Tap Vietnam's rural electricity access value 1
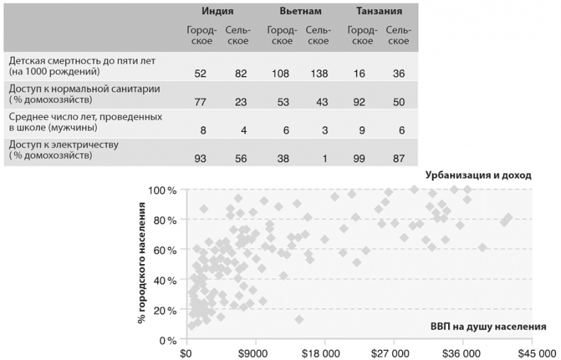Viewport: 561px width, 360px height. tap(323, 157)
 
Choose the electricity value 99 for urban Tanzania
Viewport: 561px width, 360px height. tap(359, 157)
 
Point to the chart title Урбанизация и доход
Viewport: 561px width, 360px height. tap(478, 175)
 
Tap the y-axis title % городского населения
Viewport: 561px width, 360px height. tap(141, 263)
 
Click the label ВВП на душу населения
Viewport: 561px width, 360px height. tap(488, 328)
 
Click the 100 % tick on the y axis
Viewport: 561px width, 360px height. tap(162, 190)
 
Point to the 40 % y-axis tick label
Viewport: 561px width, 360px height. tap(165, 280)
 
